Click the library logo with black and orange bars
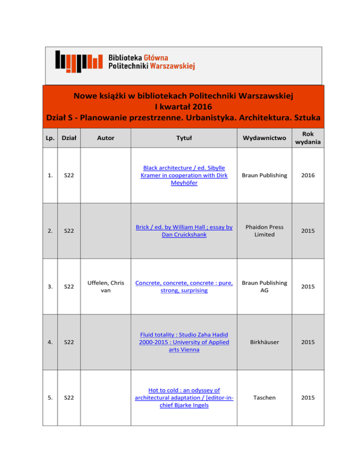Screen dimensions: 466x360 [78, 61]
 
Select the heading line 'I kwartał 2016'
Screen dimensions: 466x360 [183, 107]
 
